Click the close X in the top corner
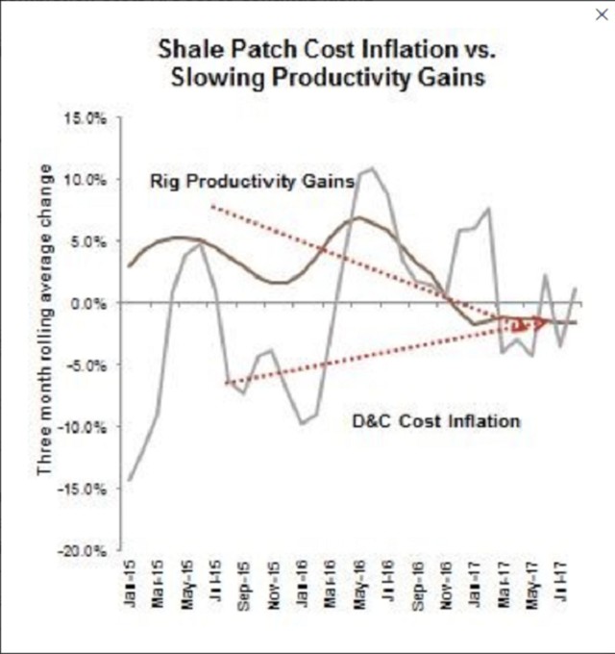coord(602,15)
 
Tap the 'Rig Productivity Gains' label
coord(252,182)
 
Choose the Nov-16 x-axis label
coord(446,589)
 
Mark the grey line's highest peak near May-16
coord(371,168)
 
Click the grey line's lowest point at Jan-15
coord(130,479)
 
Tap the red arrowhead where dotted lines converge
coord(548,321)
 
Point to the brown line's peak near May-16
coord(358,217)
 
